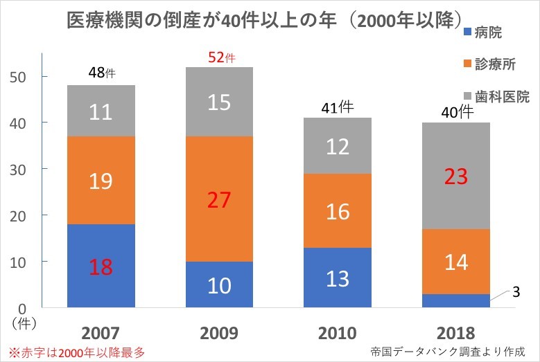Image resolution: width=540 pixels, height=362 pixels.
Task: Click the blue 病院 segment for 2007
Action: click(101, 266)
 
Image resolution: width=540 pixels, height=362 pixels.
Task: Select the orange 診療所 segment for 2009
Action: click(219, 199)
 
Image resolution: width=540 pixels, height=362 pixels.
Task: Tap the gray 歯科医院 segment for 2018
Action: click(455, 177)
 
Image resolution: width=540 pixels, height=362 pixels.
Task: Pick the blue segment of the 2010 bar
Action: click(338, 278)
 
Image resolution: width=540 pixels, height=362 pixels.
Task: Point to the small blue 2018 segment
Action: click(455, 300)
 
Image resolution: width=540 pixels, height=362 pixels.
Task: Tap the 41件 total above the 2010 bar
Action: click(337, 107)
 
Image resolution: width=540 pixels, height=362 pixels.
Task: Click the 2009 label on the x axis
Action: click(219, 333)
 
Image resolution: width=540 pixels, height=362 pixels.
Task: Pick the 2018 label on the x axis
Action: click(455, 333)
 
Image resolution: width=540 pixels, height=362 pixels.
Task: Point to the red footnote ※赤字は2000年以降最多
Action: click(76, 352)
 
